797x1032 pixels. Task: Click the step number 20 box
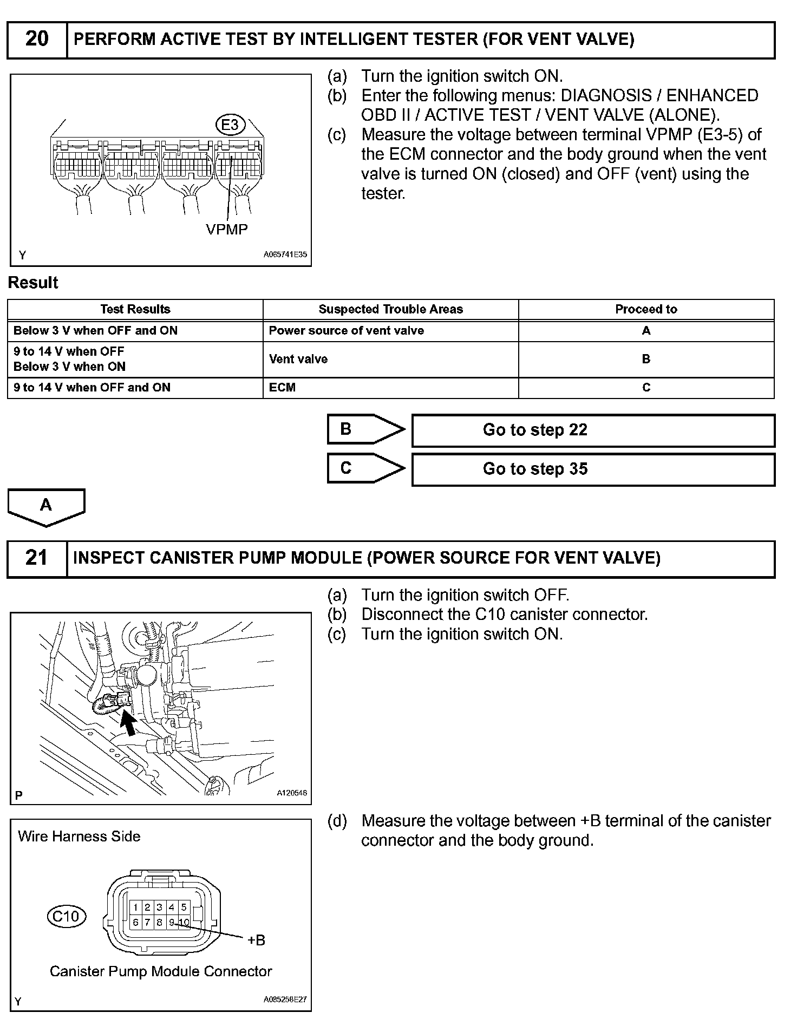click(x=37, y=40)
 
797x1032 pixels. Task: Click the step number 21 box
click(x=37, y=558)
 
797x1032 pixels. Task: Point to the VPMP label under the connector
click(x=227, y=230)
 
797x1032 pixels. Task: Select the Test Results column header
click(x=135, y=309)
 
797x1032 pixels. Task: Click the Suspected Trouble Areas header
click(x=390, y=309)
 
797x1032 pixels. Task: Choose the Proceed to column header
click(x=646, y=309)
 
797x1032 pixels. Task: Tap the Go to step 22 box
click(x=593, y=430)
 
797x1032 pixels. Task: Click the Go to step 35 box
click(x=593, y=469)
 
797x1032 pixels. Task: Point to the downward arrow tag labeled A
click(x=46, y=506)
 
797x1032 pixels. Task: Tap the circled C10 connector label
click(x=66, y=916)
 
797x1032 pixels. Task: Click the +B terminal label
click(x=256, y=940)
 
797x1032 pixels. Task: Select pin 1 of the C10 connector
click(x=135, y=907)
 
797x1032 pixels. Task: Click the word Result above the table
click(x=33, y=283)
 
